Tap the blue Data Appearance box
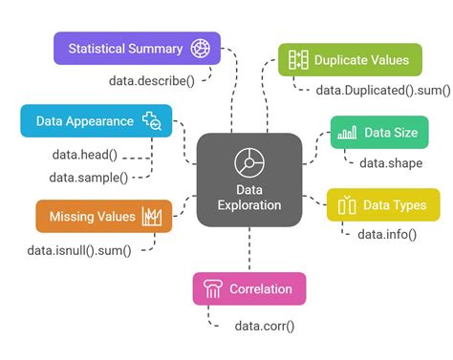click(x=97, y=120)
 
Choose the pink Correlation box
click(x=249, y=288)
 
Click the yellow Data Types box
click(x=383, y=204)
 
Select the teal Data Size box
click(x=379, y=133)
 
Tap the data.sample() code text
click(x=88, y=177)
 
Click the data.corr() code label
click(x=265, y=326)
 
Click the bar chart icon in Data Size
click(x=348, y=133)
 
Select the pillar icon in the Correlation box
click(x=211, y=288)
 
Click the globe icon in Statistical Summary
click(x=200, y=48)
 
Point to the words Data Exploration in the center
click(x=249, y=197)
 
